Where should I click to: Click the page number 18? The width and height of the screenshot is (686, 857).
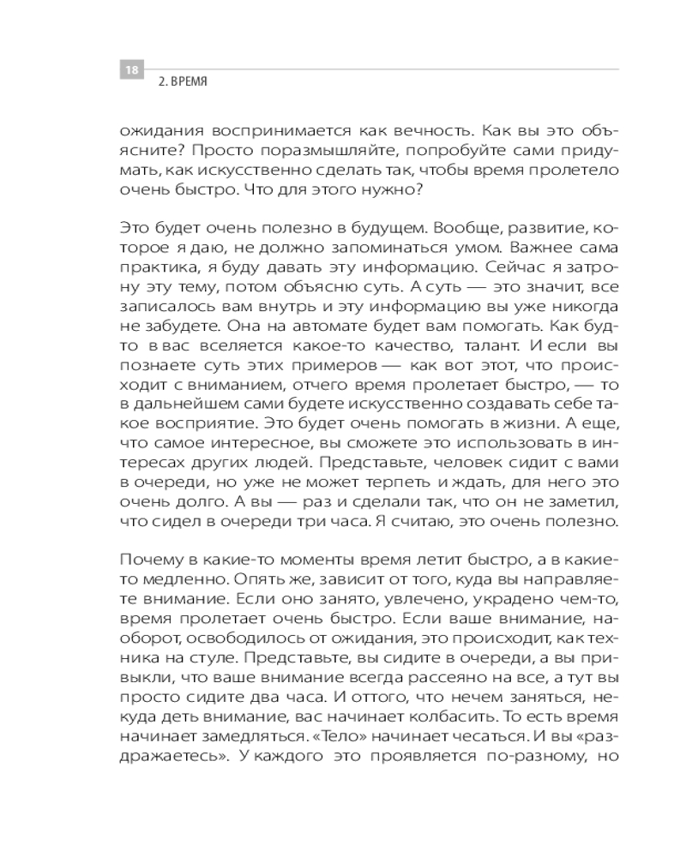point(131,69)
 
